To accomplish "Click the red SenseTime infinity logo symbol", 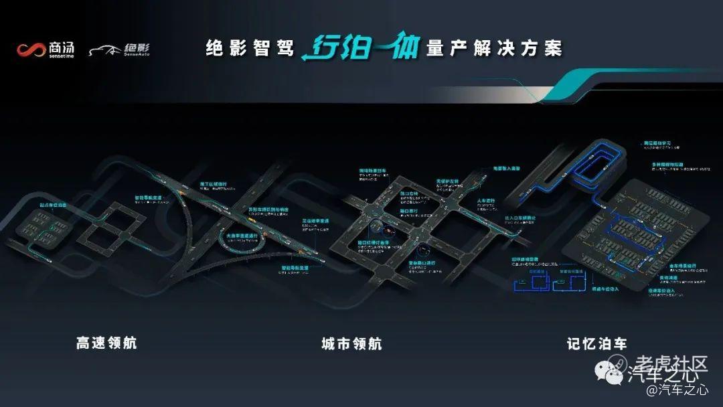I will [x=31, y=50].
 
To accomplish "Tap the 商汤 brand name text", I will [x=62, y=48].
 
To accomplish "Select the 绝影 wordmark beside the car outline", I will [x=137, y=48].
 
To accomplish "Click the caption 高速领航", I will [x=106, y=343].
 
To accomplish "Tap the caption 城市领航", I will [x=351, y=343].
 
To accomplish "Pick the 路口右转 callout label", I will [x=410, y=193].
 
